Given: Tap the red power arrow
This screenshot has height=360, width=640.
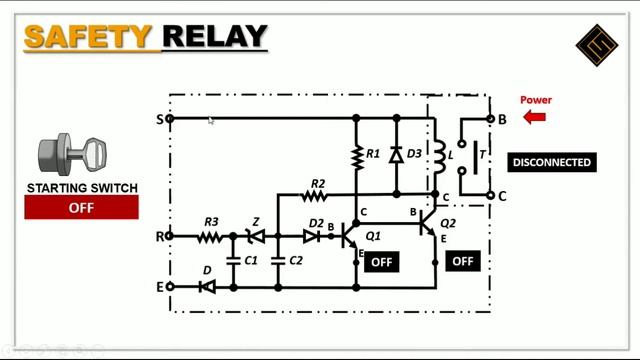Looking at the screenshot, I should (x=534, y=117).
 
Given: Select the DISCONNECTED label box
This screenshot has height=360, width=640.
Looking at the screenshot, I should (x=551, y=162).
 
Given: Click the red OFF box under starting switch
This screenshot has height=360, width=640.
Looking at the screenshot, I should (x=81, y=208).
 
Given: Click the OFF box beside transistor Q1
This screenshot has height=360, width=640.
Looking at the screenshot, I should (x=381, y=262).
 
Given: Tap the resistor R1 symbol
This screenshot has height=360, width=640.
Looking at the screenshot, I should (x=356, y=155).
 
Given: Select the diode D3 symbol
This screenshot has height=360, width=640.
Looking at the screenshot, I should (x=396, y=155).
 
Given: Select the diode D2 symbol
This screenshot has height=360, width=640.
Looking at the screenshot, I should (x=312, y=237).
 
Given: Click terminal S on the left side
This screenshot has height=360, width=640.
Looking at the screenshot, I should (x=170, y=119).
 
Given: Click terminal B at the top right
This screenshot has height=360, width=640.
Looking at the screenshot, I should (x=489, y=119).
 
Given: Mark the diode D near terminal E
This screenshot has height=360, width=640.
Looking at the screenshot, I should (x=207, y=287).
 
